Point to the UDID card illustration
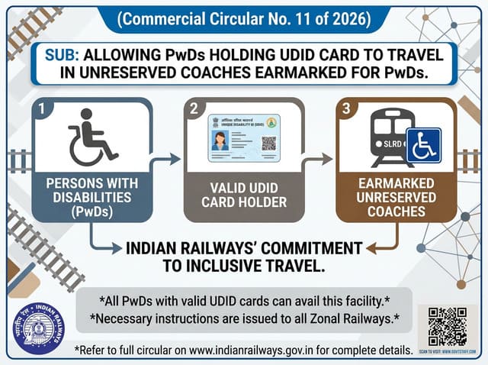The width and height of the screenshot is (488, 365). pyautogui.click(x=244, y=138)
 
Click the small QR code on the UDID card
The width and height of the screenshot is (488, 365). pyautogui.click(x=268, y=143)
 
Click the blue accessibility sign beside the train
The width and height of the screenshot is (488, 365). pyautogui.click(x=423, y=145)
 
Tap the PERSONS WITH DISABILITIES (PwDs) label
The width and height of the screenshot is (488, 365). pyautogui.click(x=91, y=198)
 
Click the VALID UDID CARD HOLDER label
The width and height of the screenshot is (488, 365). pyautogui.click(x=243, y=196)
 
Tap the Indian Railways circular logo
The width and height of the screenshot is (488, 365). pyautogui.click(x=38, y=330)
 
